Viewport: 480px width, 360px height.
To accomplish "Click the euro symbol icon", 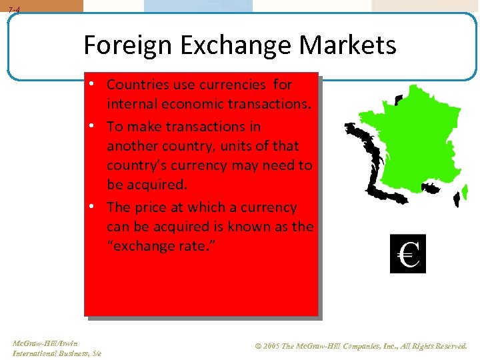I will tap(407, 254).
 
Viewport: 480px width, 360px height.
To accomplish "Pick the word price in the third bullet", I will tap(151, 207).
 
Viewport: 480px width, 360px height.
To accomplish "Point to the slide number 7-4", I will tap(14, 10).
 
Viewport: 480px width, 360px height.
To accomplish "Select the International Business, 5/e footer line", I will tap(57, 353).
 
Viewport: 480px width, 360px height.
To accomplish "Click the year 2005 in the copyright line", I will tap(270, 347).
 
